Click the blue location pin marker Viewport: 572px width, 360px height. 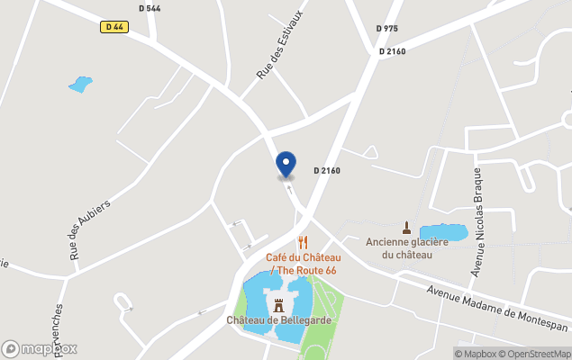click(286, 164)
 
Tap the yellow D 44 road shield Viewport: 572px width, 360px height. click(113, 27)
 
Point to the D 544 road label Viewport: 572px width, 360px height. click(150, 9)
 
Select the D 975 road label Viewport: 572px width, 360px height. click(386, 29)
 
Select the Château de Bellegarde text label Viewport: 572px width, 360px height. click(278, 320)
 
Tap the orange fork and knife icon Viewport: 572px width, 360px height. click(303, 242)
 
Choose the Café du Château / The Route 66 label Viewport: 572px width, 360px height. click(301, 264)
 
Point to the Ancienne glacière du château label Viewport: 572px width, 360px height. click(406, 247)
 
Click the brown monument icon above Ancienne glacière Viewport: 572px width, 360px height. click(406, 227)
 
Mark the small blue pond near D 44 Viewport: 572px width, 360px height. click(80, 85)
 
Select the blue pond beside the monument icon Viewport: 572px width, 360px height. click(442, 232)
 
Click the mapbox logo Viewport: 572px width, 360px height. click(40, 348)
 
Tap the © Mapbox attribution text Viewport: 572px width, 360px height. click(476, 354)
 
